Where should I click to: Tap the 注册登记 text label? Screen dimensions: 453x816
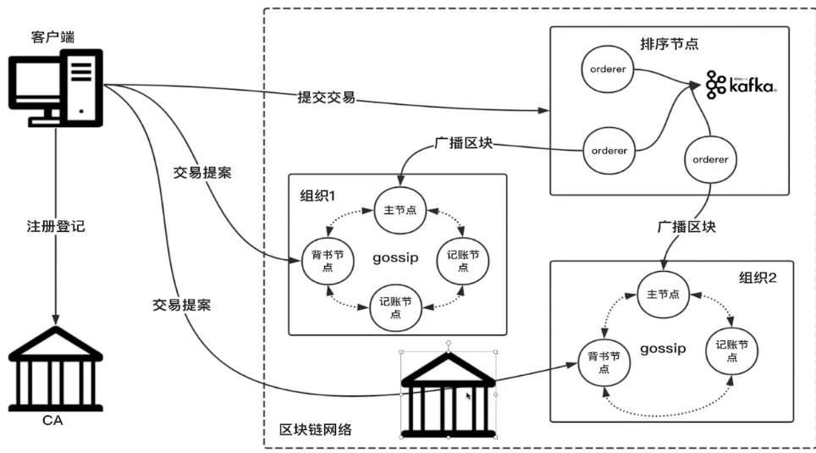(56, 227)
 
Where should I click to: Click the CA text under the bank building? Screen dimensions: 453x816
(54, 421)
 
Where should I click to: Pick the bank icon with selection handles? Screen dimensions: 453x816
(447, 392)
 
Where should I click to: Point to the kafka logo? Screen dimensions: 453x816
(742, 84)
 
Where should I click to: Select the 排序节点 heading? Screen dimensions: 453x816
(670, 42)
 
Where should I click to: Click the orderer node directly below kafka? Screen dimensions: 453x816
(710, 158)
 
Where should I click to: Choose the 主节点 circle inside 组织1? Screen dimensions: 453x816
(400, 210)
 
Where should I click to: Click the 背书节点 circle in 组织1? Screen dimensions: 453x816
(327, 262)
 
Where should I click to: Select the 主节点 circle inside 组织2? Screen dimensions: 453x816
(662, 295)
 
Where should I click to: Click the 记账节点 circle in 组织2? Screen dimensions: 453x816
(731, 351)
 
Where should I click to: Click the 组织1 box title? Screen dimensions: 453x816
(317, 195)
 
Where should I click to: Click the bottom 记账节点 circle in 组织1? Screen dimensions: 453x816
(396, 307)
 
